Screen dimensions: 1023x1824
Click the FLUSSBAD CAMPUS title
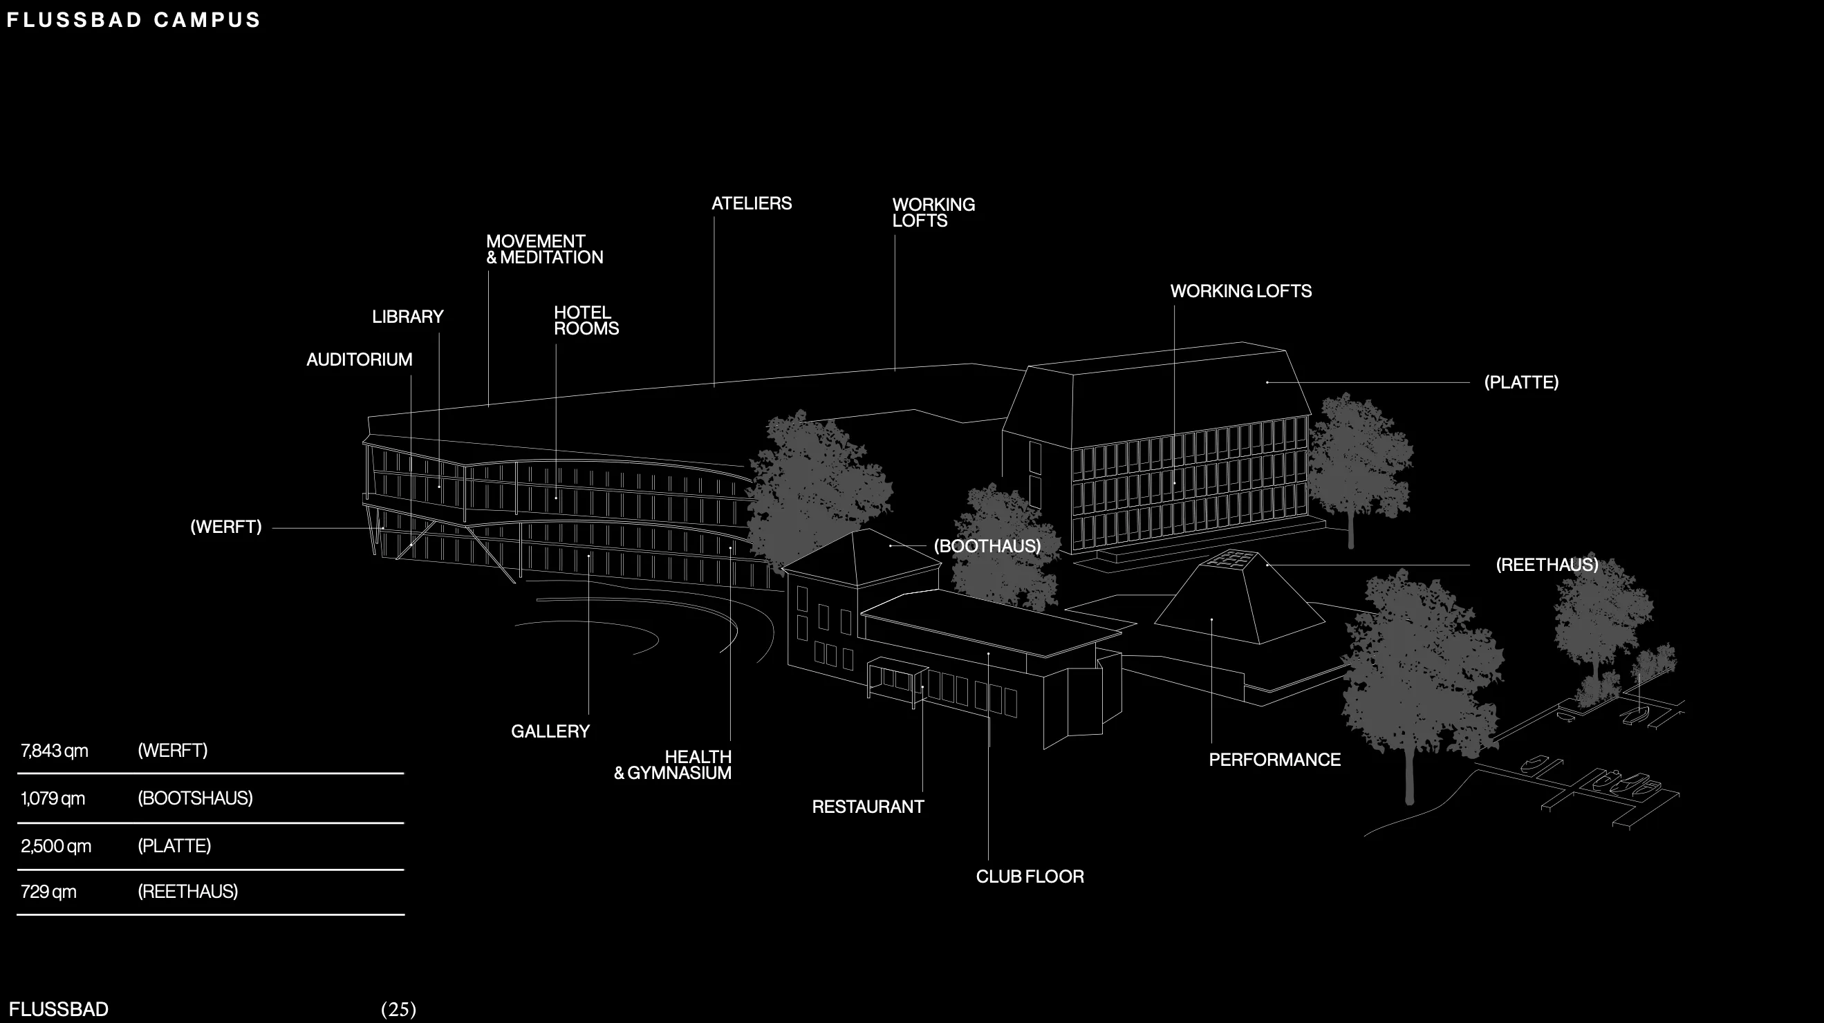pyautogui.click(x=134, y=20)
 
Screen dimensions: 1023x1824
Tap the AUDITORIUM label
pyautogui.click(x=359, y=359)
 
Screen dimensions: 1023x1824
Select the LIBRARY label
pyautogui.click(x=408, y=317)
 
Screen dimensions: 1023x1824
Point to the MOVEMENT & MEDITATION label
pyautogui.click(x=543, y=250)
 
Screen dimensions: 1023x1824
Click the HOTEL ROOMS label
pyautogui.click(x=586, y=321)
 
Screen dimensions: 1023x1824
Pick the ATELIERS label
pyautogui.click(x=752, y=203)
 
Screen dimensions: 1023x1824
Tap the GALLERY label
pyautogui.click(x=550, y=731)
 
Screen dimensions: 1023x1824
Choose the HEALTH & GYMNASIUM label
pyautogui.click(x=672, y=764)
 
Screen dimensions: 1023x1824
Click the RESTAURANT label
pyautogui.click(x=867, y=807)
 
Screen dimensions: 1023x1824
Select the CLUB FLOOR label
pyautogui.click(x=1030, y=876)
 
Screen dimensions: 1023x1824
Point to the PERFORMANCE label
pyautogui.click(x=1274, y=760)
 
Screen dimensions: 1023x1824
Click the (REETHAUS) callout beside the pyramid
pyautogui.click(x=1547, y=564)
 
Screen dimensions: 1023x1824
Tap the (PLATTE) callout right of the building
pyautogui.click(x=1521, y=382)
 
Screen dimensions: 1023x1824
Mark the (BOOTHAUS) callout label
pyautogui.click(x=987, y=546)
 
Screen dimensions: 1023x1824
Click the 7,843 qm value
pyautogui.click(x=55, y=751)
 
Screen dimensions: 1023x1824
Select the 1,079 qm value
pyautogui.click(x=53, y=798)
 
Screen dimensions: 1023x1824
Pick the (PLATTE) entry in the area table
pyautogui.click(x=174, y=845)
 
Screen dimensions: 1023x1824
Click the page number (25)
pyautogui.click(x=399, y=1009)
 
